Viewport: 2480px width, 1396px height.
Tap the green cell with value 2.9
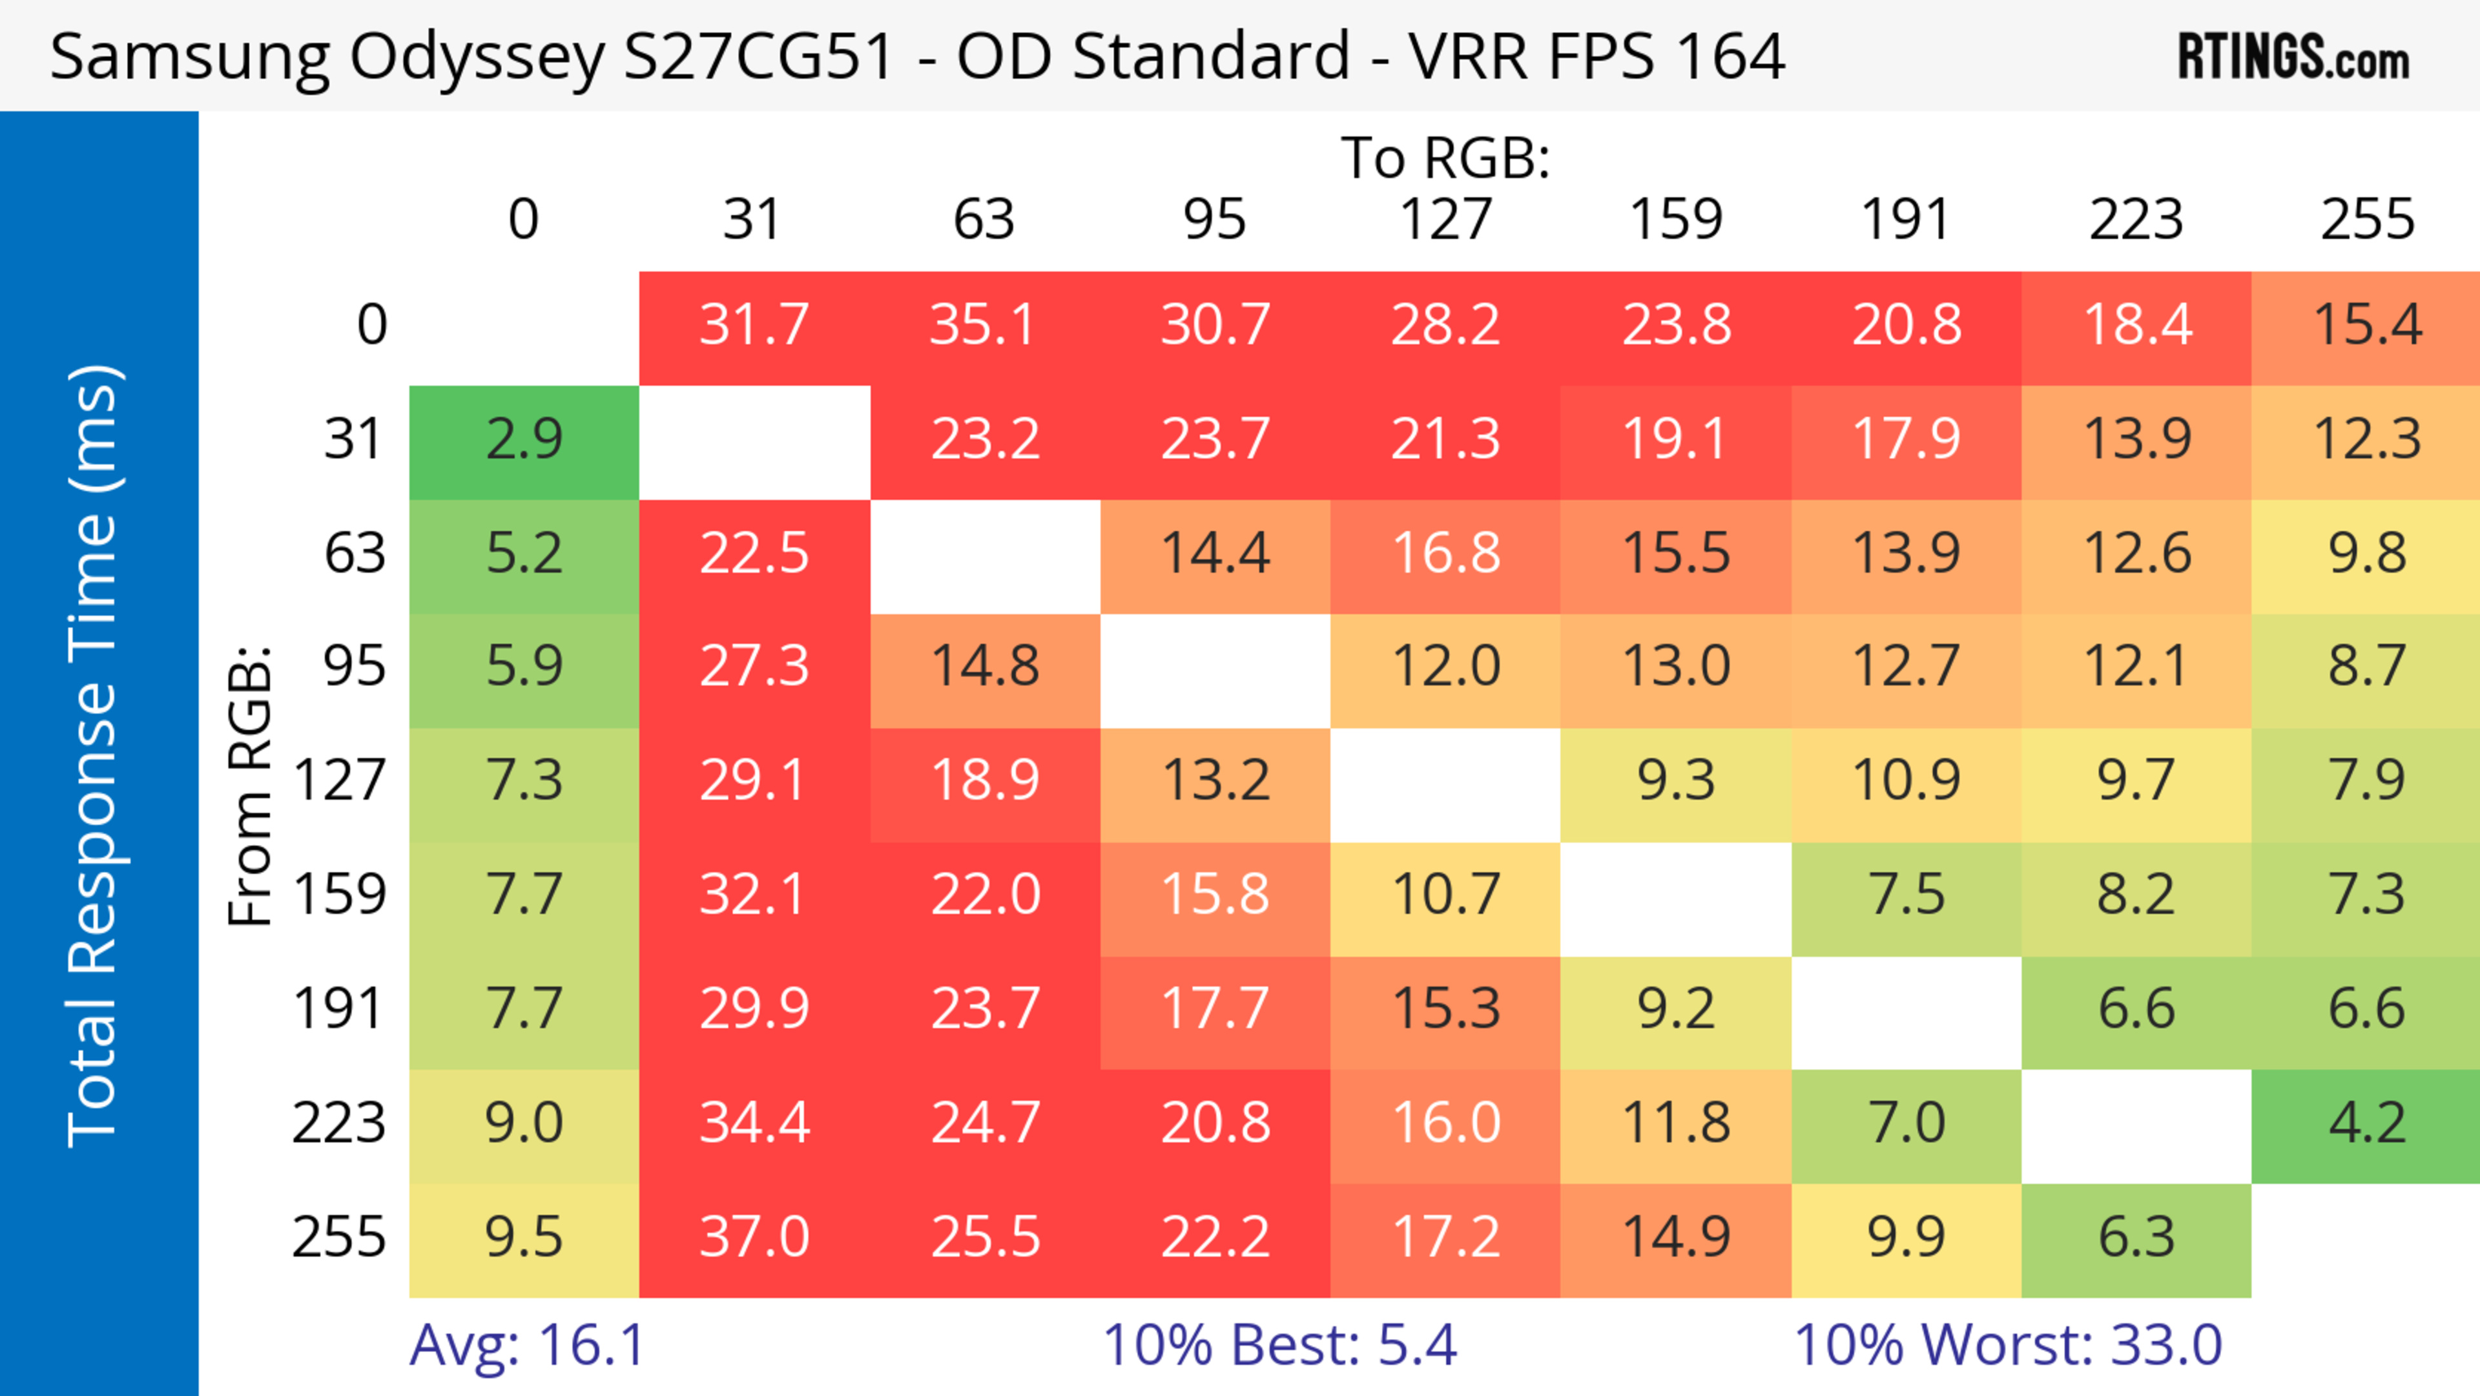pyautogui.click(x=524, y=440)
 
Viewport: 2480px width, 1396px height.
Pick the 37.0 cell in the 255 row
pyautogui.click(x=754, y=1237)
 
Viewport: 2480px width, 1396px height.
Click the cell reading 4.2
pyautogui.click(x=2366, y=1123)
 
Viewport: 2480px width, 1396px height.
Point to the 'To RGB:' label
pyautogui.click(x=1445, y=158)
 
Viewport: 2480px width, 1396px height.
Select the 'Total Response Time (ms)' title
pyautogui.click(x=94, y=756)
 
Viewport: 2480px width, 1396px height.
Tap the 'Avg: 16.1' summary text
pyautogui.click(x=526, y=1345)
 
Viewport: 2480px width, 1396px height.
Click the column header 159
pyautogui.click(x=1675, y=220)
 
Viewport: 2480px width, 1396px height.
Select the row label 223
pyautogui.click(x=339, y=1123)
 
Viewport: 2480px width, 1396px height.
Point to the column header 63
pyautogui.click(x=984, y=220)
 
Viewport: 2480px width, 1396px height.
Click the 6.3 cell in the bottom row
pyautogui.click(x=2136, y=1237)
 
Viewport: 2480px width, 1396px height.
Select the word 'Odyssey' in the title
pyautogui.click(x=477, y=57)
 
